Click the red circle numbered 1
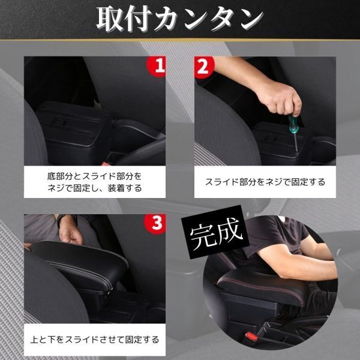[x=157, y=66]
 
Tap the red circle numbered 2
[x=204, y=67]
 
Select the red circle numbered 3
[x=155, y=223]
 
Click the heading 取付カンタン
[x=180, y=19]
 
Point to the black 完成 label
[x=215, y=232]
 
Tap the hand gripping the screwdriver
[x=281, y=99]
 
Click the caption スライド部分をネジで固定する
[x=265, y=182]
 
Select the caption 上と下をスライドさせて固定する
[x=95, y=340]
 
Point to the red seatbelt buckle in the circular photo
[x=251, y=337]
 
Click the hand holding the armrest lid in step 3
[x=70, y=230]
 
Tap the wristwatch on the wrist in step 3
[x=61, y=220]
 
